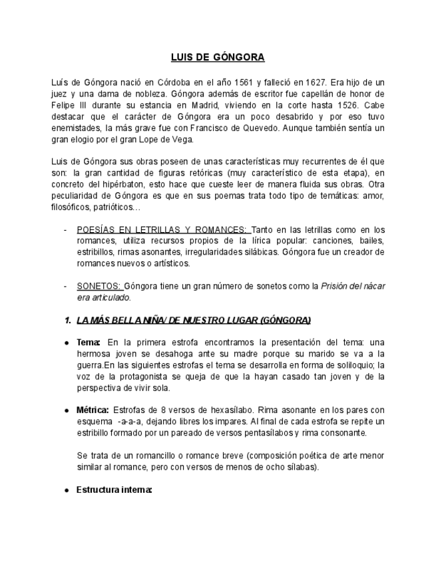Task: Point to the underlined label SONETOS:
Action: point(99,286)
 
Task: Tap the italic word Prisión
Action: point(337,286)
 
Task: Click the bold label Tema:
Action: point(88,343)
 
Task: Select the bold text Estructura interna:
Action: point(114,490)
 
